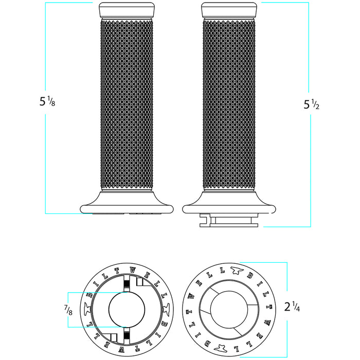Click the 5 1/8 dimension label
[47, 102]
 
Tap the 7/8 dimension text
[68, 310]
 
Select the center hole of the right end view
[229, 310]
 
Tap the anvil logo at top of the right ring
[237, 269]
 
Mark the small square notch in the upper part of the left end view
[139, 282]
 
